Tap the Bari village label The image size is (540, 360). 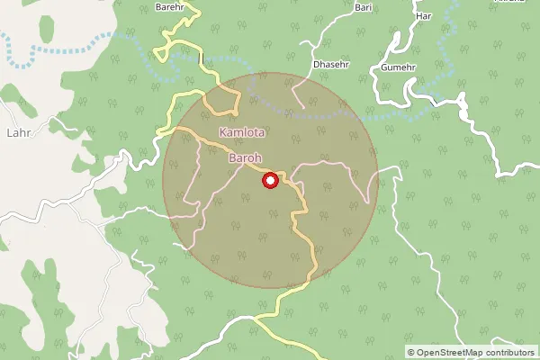[x=364, y=7]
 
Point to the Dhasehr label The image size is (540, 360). [x=328, y=64]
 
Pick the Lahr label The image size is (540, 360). [x=19, y=132]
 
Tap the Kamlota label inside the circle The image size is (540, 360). [x=242, y=132]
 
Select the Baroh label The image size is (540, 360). [x=245, y=159]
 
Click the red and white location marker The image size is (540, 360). [x=269, y=181]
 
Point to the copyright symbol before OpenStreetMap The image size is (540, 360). [x=411, y=352]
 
